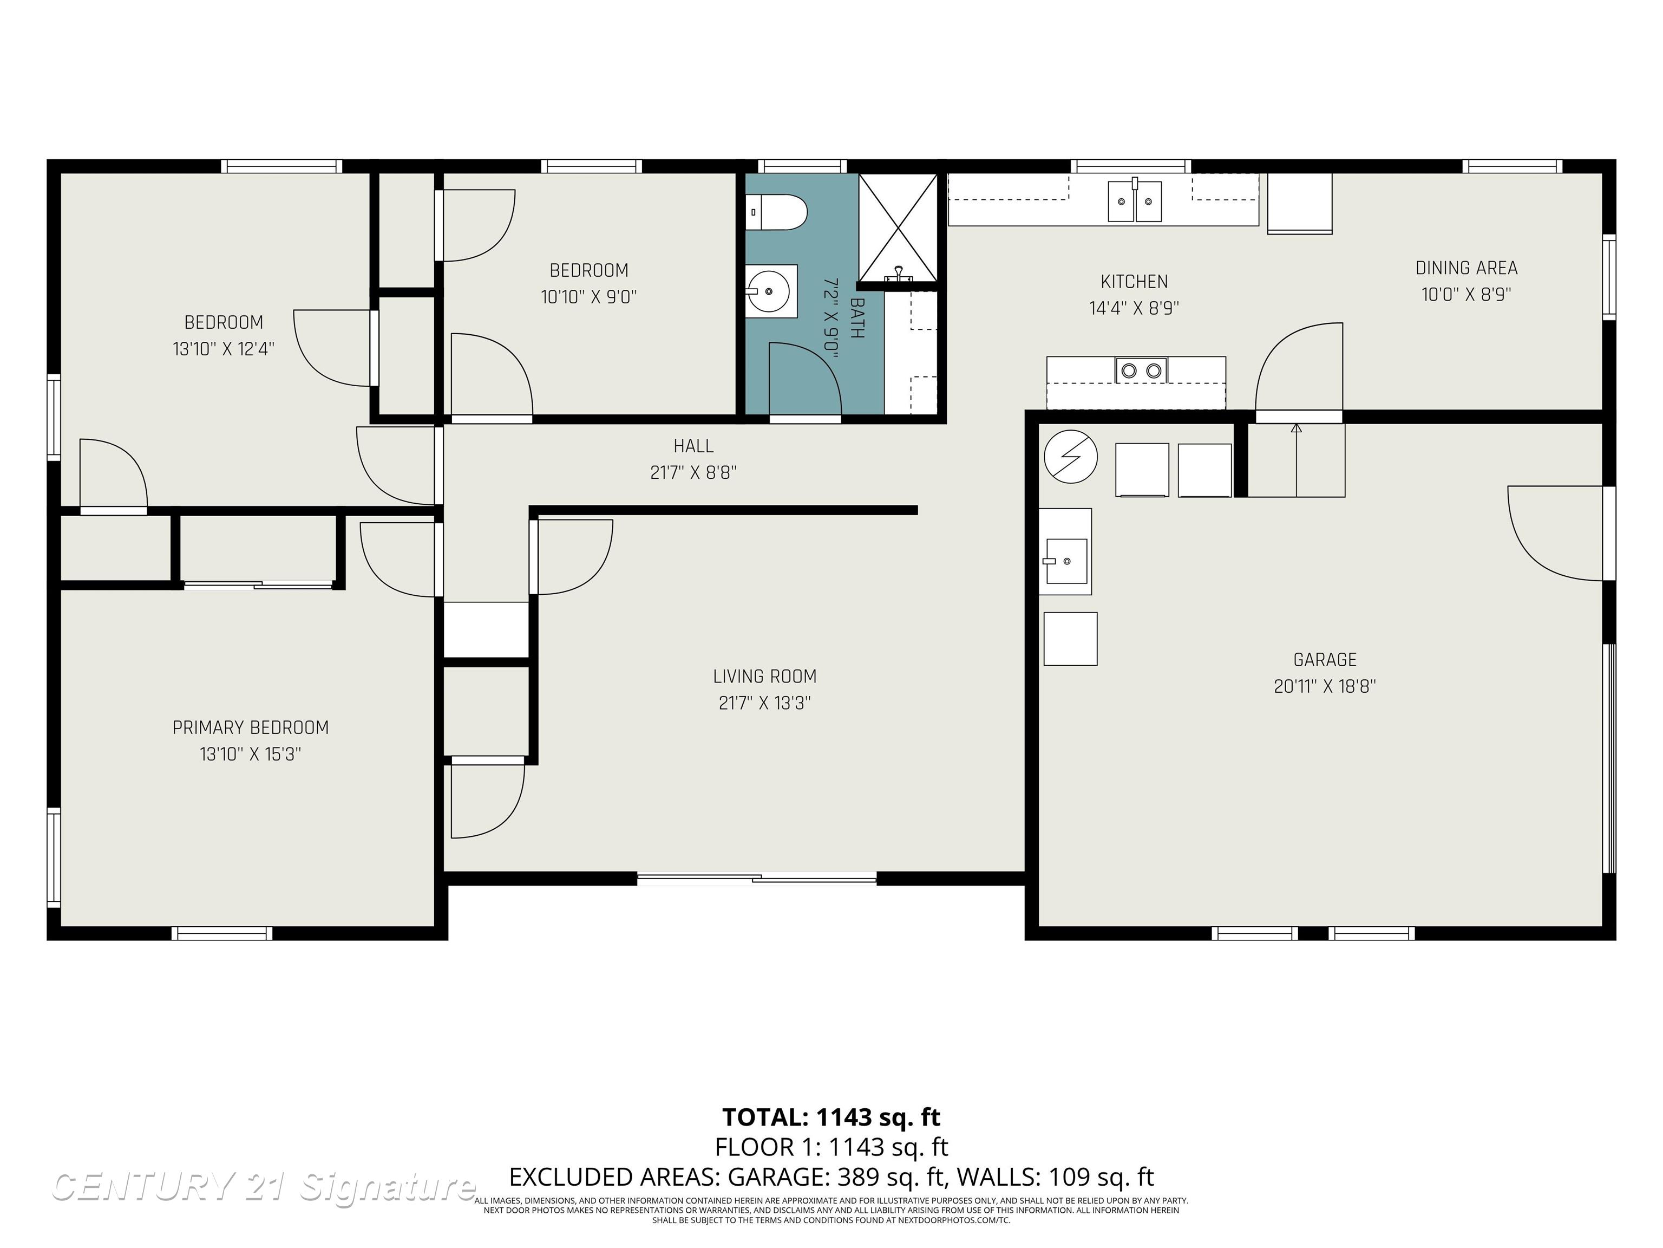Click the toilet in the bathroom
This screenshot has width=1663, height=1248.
coord(776,212)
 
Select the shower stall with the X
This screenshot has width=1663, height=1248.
coord(898,227)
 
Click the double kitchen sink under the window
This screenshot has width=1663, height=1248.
coord(1135,201)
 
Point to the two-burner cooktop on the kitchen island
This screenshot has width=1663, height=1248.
coord(1141,370)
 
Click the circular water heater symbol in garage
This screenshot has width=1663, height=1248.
coord(1071,456)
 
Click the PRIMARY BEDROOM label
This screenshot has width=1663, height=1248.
coord(250,727)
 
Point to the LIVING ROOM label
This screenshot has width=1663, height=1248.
coord(764,677)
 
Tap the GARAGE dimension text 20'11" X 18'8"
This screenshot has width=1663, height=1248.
coord(1325,686)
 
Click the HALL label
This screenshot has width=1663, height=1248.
coord(693,446)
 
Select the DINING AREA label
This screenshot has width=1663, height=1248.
coord(1466,268)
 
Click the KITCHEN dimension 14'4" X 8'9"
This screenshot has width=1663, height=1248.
coord(1134,308)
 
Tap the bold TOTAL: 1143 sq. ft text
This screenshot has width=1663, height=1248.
coord(831,1117)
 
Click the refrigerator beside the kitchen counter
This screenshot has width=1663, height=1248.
coord(1300,203)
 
